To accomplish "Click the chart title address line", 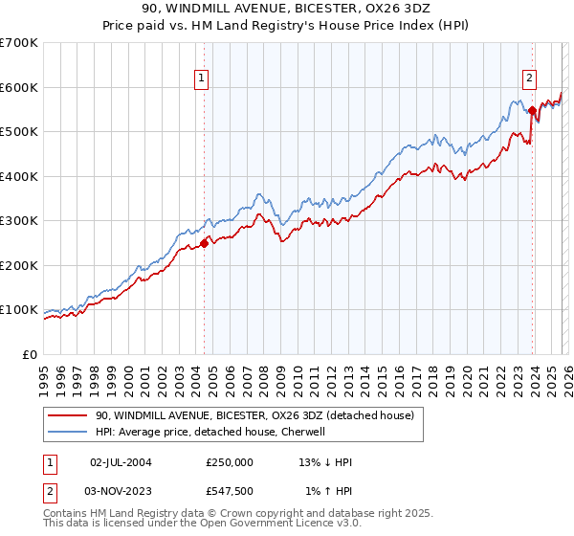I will [x=287, y=9].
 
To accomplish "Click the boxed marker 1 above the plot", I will [x=203, y=79].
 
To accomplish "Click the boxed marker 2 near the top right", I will [x=529, y=79].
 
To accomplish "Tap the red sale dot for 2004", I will [x=204, y=243].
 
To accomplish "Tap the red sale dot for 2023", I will [x=532, y=111].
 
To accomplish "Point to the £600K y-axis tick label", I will [x=19, y=87].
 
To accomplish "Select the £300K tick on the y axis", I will [x=19, y=221].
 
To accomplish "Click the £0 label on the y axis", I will [x=30, y=354].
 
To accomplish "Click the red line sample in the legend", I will [x=67, y=416].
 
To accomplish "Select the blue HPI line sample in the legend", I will [x=67, y=433].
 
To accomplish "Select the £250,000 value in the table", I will [x=230, y=462].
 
